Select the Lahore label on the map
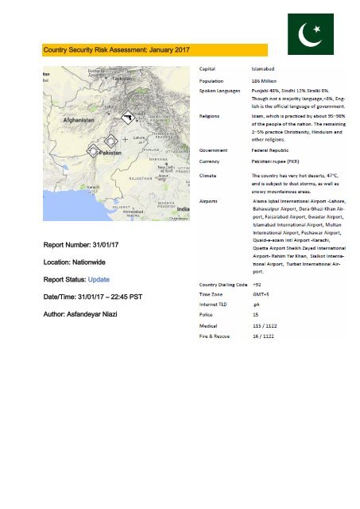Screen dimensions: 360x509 138,137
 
